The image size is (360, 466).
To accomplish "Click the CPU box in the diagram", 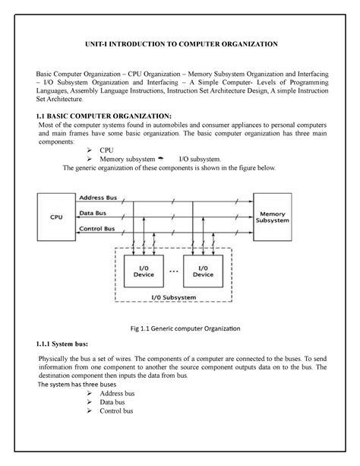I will (x=56, y=215).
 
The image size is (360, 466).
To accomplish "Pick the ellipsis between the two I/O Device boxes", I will (x=174, y=271).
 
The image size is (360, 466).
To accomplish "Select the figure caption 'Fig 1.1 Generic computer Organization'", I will (x=180, y=327).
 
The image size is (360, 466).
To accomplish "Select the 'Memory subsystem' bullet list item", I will (x=130, y=159).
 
